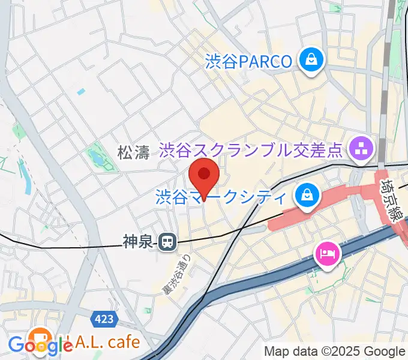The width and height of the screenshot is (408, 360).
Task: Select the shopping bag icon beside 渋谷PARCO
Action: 312,60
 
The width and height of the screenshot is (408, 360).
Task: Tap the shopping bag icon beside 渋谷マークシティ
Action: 306,196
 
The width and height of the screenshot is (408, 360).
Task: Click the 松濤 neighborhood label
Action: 133,153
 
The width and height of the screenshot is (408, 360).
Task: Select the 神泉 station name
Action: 139,242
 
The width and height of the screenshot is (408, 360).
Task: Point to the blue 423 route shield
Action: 104,320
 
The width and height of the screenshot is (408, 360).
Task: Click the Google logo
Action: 40,346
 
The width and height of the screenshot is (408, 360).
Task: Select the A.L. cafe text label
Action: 106,342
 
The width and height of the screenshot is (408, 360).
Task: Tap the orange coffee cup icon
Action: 40,337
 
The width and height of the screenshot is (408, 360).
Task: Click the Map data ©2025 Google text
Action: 335,352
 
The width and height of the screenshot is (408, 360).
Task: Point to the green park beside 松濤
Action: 97,157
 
